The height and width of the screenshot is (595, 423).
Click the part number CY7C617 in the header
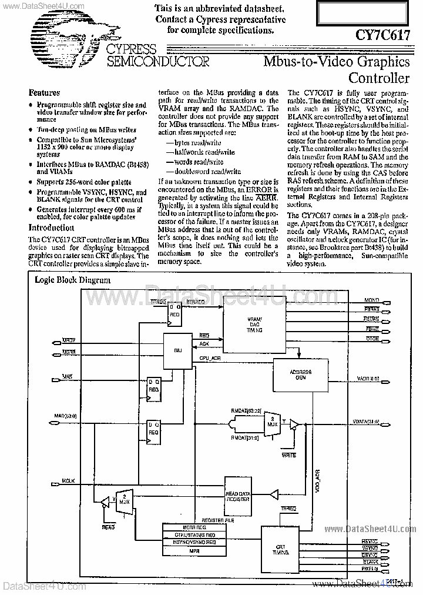click(x=382, y=35)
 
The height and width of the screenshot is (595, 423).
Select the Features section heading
click(x=45, y=93)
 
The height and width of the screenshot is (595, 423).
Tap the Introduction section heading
click(x=52, y=228)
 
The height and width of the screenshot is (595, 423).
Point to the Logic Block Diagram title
click(x=73, y=280)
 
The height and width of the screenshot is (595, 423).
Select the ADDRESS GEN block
click(x=301, y=375)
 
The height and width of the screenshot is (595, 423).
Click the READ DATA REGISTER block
click(x=238, y=496)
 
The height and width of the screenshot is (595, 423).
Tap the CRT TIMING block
click(x=281, y=550)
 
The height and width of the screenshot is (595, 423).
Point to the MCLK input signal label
click(x=68, y=481)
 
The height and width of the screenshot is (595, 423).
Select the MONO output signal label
click(x=372, y=300)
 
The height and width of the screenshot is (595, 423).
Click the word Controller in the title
click(x=379, y=78)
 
